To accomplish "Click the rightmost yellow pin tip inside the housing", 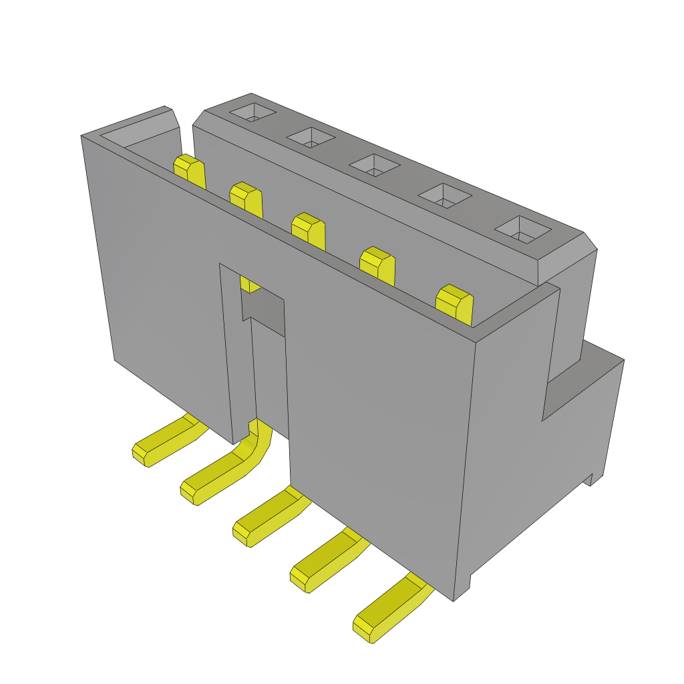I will point(454,303).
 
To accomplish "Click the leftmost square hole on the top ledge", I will point(253,113).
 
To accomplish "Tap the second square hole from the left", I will point(311,137).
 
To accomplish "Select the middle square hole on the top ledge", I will point(375,165).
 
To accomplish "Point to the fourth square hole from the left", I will point(445,194).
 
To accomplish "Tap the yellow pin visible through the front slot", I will point(249,285).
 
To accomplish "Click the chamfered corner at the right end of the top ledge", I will point(589,242).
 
